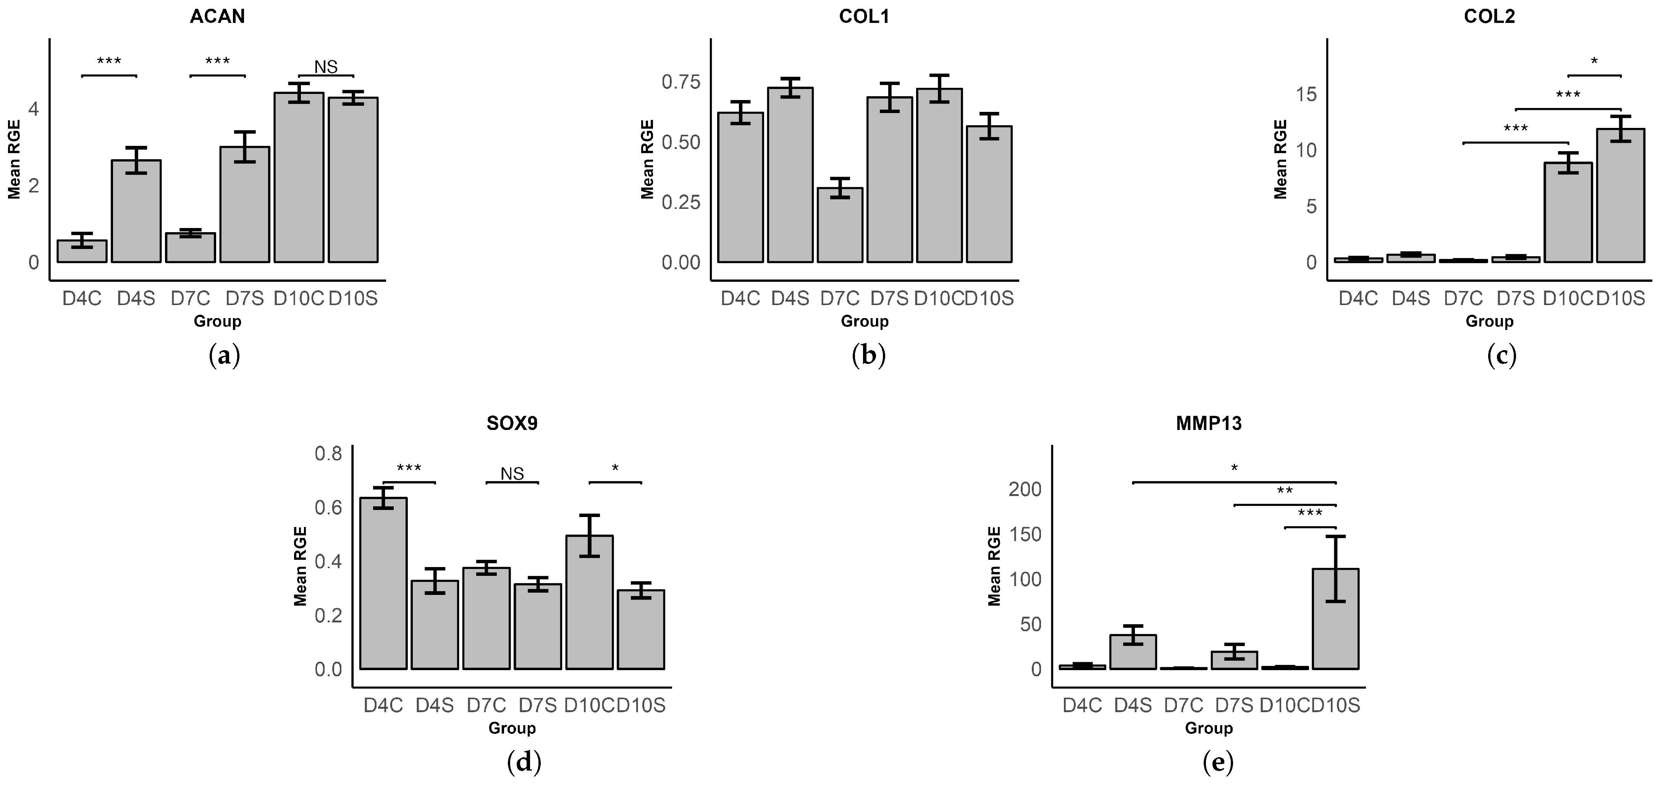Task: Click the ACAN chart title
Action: pyautogui.click(x=217, y=16)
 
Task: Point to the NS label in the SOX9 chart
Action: pyautogui.click(x=512, y=474)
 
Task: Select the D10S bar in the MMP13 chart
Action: pyautogui.click(x=1336, y=619)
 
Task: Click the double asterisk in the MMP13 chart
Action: pyautogui.click(x=1285, y=491)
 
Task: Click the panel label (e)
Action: pyautogui.click(x=1218, y=763)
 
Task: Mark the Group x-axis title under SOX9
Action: pyautogui.click(x=512, y=728)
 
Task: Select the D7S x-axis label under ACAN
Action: pyautogui.click(x=244, y=299)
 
